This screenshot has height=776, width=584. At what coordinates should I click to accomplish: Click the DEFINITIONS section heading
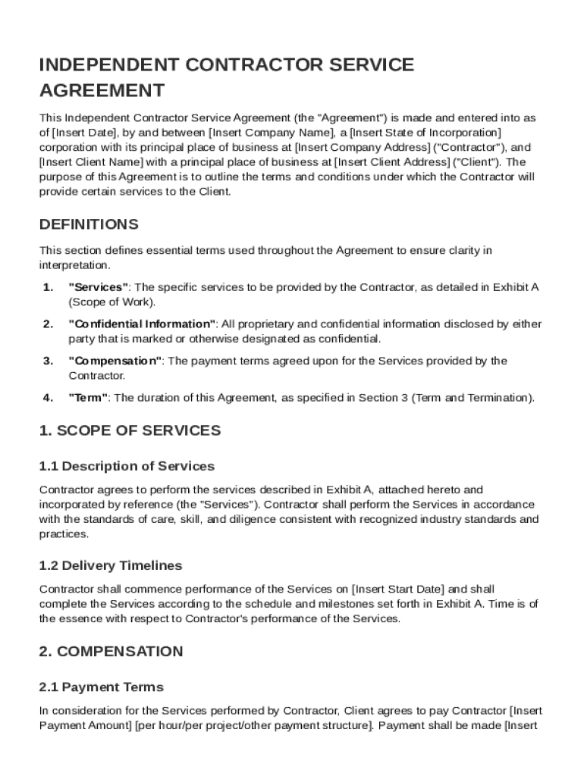point(89,224)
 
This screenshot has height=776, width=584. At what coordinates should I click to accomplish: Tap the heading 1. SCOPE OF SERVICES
point(130,430)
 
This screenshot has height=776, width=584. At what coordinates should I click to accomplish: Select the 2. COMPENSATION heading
point(111,651)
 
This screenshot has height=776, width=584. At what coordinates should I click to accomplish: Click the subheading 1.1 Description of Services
point(127,466)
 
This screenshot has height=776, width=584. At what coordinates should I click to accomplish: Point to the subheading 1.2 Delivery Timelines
point(111,565)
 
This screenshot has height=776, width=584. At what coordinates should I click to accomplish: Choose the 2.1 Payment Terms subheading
point(101,687)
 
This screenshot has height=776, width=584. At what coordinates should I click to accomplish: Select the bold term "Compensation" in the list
point(115,361)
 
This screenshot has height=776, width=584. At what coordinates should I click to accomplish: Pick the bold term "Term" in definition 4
point(88,397)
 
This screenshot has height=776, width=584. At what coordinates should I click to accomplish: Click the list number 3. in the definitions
point(48,361)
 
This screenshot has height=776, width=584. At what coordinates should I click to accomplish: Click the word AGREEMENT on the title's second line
point(102,91)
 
